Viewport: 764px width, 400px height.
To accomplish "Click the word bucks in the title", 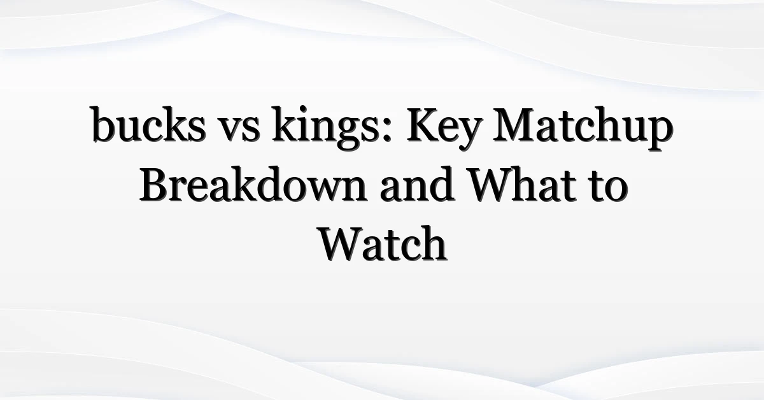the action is [x=148, y=124].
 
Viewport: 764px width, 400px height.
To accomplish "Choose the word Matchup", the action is [x=583, y=128].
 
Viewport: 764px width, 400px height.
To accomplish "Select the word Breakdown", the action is [x=253, y=185].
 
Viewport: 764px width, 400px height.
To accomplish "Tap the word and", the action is [x=417, y=185].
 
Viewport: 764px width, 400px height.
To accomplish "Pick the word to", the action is [x=609, y=188].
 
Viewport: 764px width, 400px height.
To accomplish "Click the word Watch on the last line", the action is [x=383, y=243].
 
